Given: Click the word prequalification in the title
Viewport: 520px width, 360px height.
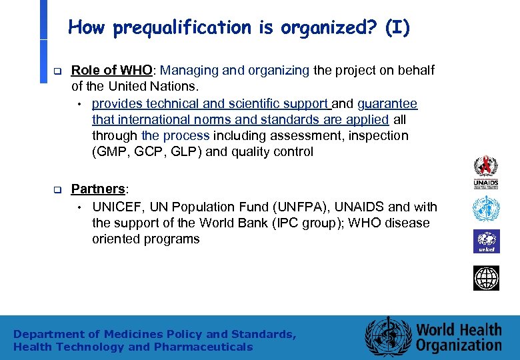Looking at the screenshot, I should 181,28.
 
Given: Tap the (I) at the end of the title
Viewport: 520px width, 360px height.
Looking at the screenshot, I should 397,28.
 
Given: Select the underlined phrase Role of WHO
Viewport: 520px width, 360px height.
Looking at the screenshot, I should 112,71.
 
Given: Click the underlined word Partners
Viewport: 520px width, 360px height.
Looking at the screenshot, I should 97,189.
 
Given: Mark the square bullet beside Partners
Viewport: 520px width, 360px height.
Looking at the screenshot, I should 57,190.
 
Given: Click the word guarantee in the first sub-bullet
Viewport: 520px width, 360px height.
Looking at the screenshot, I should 387,104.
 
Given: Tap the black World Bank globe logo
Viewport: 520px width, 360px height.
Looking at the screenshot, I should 486,278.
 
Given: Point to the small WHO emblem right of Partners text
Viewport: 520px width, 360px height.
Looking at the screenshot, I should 486,209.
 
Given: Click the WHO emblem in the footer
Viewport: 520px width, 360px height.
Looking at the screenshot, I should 388,337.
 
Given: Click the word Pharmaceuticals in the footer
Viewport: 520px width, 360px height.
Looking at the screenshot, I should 203,347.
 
